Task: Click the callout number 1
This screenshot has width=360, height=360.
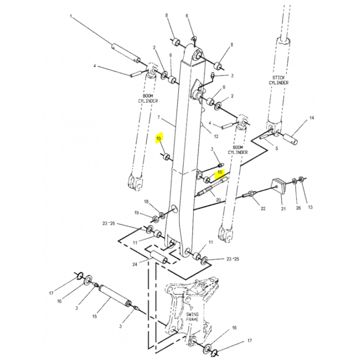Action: (71, 16)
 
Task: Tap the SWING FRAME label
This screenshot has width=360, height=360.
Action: (192, 317)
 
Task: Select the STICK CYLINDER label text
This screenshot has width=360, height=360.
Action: (279, 80)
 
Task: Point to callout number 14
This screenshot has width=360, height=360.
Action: (311, 118)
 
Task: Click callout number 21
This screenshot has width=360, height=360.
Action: (283, 209)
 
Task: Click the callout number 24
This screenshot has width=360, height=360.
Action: (135, 265)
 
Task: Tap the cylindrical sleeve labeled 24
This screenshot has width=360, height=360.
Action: (159, 257)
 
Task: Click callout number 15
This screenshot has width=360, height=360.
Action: (94, 316)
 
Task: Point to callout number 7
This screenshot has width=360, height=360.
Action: (158, 117)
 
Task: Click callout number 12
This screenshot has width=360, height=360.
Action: (216, 136)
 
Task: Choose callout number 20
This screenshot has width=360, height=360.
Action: (218, 200)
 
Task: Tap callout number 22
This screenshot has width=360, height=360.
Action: (263, 208)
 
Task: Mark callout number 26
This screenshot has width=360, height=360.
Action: (298, 208)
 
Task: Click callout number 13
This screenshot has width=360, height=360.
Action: (310, 207)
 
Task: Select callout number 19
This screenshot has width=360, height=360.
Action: (137, 213)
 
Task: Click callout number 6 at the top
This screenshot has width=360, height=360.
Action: (187, 16)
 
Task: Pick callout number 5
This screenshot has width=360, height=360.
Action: (277, 148)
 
